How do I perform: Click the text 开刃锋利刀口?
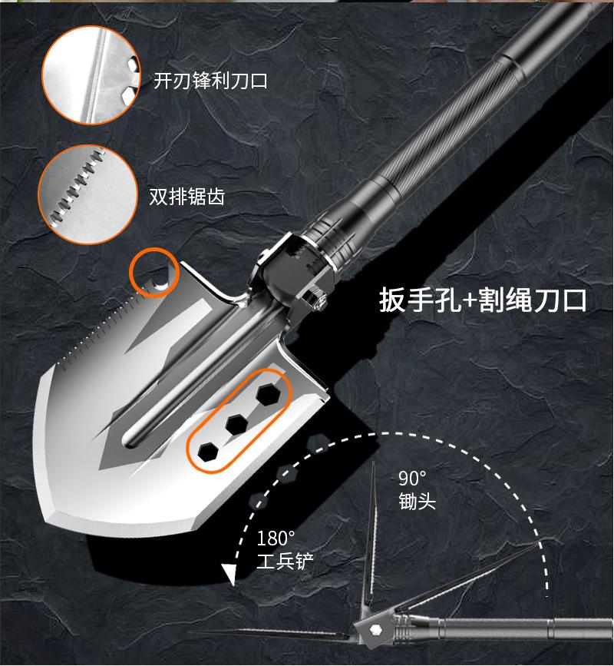tap(210, 81)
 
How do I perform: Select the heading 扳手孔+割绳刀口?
tap(483, 300)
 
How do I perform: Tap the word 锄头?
tap(417, 502)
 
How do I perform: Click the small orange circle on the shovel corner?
tap(154, 273)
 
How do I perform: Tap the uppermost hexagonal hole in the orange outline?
tap(268, 393)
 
